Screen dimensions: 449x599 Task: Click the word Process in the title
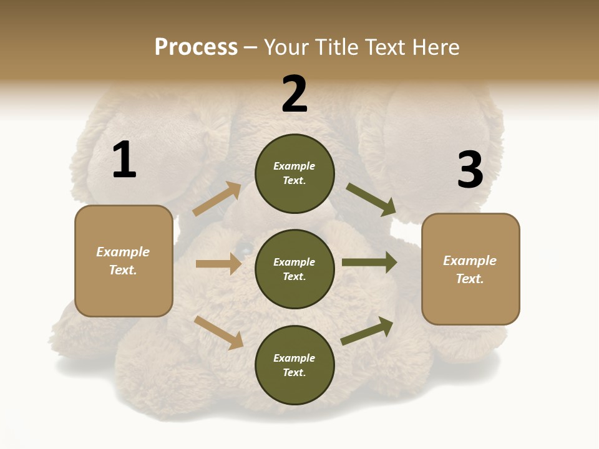[196, 47]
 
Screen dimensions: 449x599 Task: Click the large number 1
[124, 160]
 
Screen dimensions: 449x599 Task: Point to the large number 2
[295, 94]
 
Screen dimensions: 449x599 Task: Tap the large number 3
[470, 170]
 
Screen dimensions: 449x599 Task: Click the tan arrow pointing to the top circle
[217, 199]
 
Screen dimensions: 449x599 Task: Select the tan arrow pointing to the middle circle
[218, 264]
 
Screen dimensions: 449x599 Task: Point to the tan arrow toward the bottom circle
[219, 332]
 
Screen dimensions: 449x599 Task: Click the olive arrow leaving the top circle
[371, 200]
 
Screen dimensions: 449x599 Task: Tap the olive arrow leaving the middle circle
[369, 262]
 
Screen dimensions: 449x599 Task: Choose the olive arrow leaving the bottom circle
[367, 331]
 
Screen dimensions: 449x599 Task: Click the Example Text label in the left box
[124, 261]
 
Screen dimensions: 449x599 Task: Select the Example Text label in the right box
[470, 269]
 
